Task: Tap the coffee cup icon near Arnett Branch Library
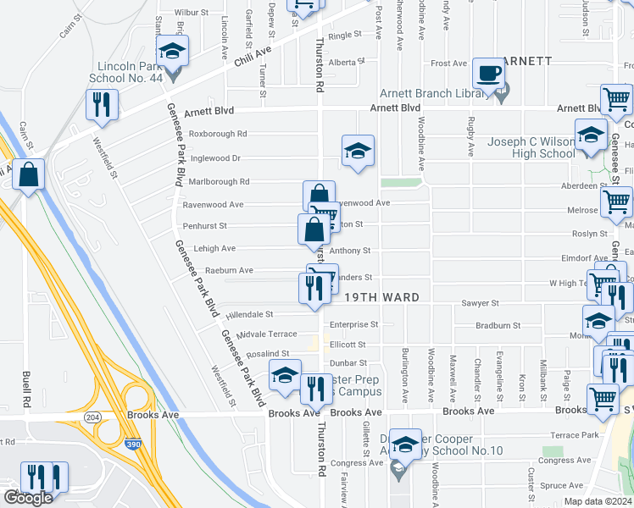[488, 74]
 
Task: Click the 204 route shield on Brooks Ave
[92, 417]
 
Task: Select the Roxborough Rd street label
[218, 134]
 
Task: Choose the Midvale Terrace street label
[267, 334]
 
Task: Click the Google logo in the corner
[28, 498]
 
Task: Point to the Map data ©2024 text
[598, 501]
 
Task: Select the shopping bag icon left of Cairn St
[29, 175]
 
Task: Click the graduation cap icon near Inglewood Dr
[358, 152]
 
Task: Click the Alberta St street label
[346, 62]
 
